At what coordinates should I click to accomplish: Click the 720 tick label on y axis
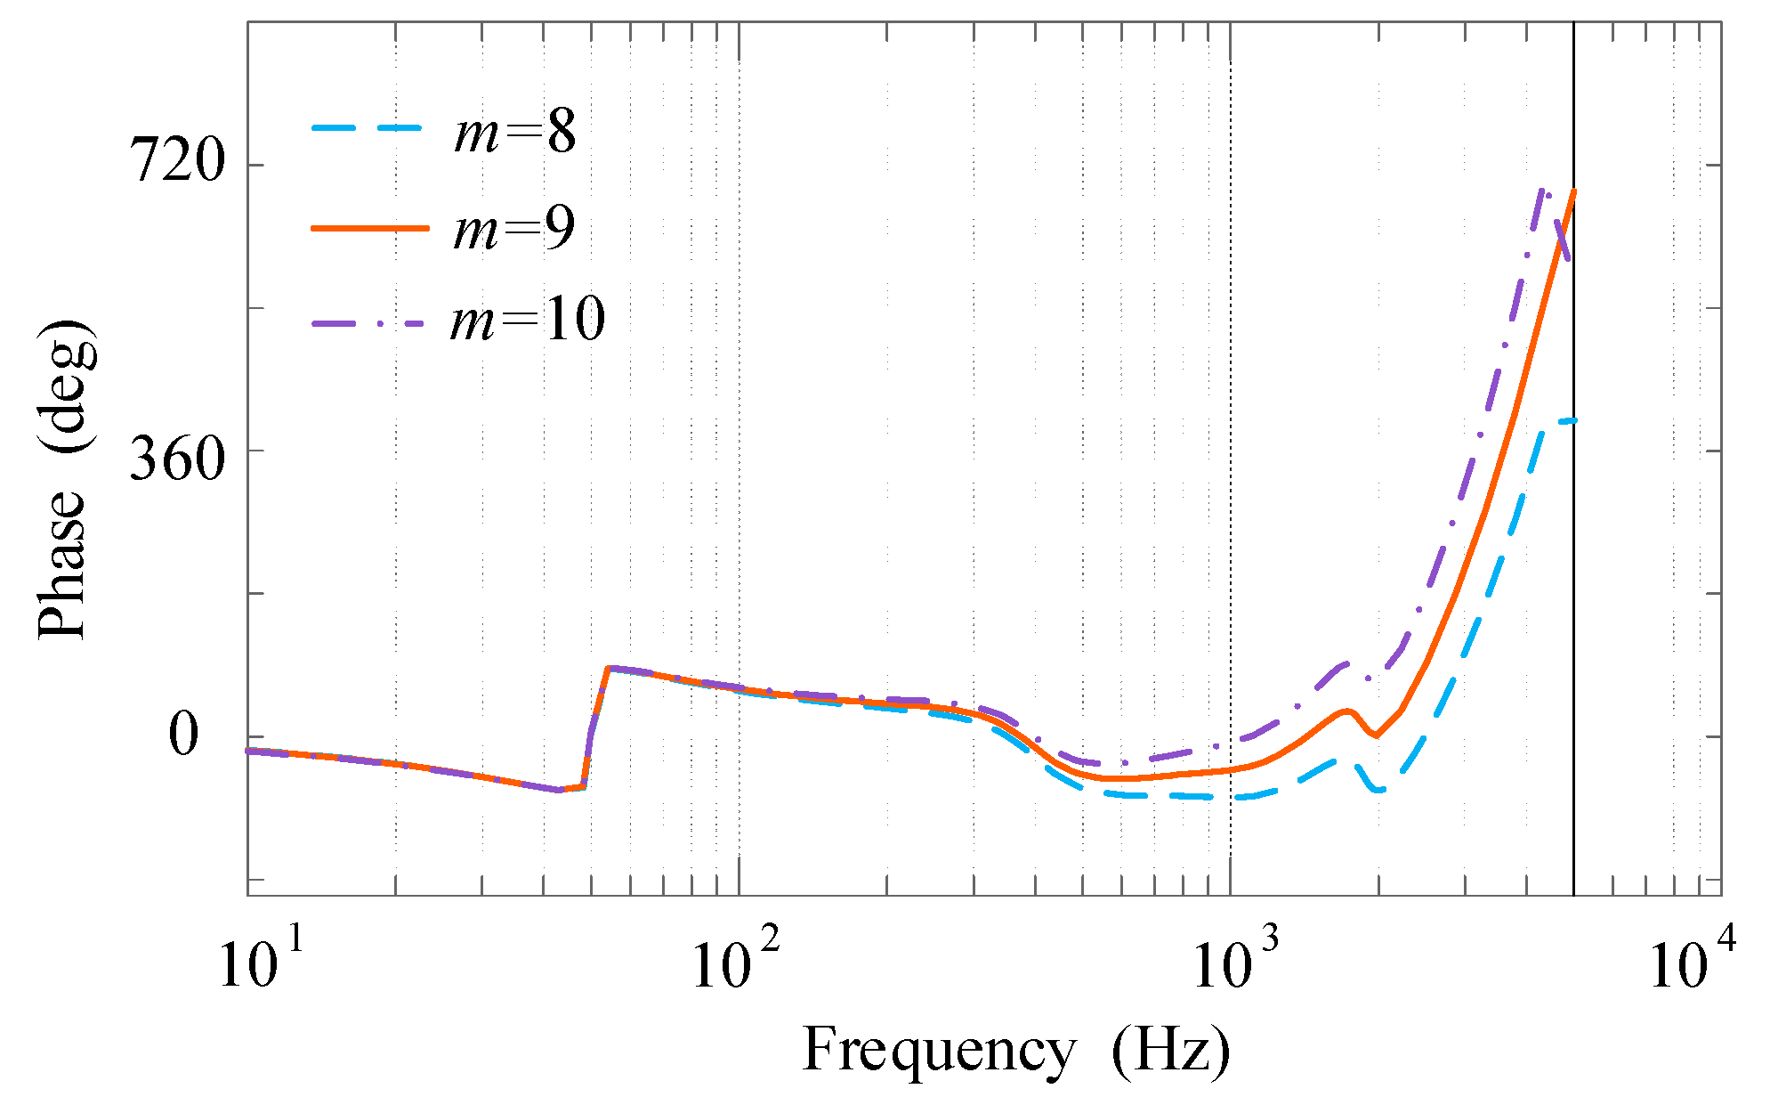pyautogui.click(x=177, y=164)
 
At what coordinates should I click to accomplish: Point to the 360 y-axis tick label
pyautogui.click(x=177, y=461)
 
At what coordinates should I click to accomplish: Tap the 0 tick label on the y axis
pyautogui.click(x=183, y=736)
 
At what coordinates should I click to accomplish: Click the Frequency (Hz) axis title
pyautogui.click(x=1016, y=1051)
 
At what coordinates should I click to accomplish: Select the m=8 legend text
pyautogui.click(x=514, y=133)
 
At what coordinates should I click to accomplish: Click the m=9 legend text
pyautogui.click(x=514, y=229)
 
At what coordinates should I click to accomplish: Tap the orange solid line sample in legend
pyautogui.click(x=369, y=228)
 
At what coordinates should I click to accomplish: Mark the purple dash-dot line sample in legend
pyautogui.click(x=369, y=323)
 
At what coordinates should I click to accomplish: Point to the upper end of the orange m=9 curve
pyautogui.click(x=1573, y=191)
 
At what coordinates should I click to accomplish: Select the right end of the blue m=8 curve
pyautogui.click(x=1572, y=419)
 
